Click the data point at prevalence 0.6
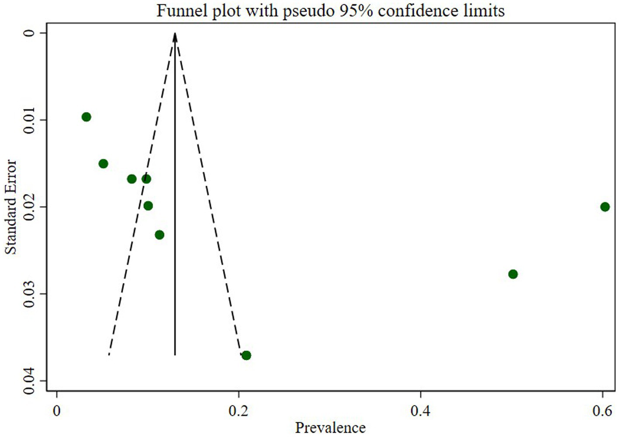click(605, 207)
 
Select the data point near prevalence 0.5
click(513, 274)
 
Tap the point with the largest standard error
click(246, 355)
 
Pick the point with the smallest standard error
click(86, 117)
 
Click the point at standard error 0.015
click(103, 163)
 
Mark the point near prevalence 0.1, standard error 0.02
click(148, 205)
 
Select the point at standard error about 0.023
click(159, 235)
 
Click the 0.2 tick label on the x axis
click(239, 411)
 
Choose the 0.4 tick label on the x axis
click(420, 411)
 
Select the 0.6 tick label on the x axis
click(602, 411)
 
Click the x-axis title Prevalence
click(330, 427)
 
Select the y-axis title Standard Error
click(10, 207)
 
